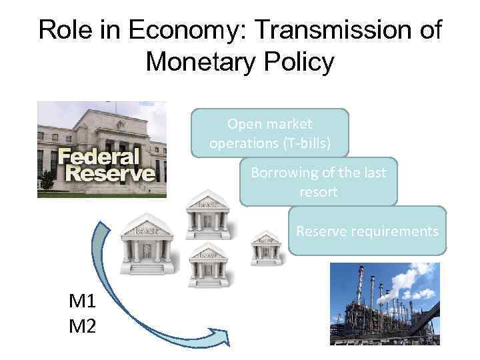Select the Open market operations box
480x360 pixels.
click(269, 133)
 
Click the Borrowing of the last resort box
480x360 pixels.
click(318, 181)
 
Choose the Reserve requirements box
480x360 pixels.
click(367, 231)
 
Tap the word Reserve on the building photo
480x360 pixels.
click(106, 174)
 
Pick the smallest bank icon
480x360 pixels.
click(267, 248)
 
